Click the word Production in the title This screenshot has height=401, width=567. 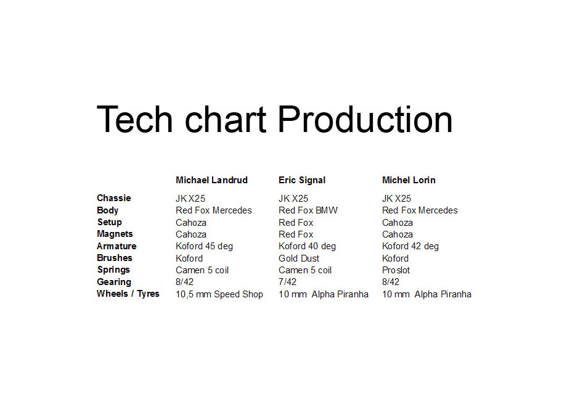coord(365,119)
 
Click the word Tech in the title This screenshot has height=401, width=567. coord(134,119)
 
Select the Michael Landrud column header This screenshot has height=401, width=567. coord(211,180)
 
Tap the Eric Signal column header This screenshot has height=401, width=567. coord(302,180)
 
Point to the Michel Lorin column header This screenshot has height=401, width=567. coord(409,180)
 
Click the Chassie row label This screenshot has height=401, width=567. coord(114,198)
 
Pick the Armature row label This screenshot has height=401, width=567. coord(116,246)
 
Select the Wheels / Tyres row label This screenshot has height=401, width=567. coord(128,294)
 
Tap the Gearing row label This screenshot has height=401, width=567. coord(114,282)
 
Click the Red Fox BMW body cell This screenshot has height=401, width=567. coord(308,210)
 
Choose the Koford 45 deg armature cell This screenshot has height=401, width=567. coord(205,247)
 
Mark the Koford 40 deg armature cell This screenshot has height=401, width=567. coord(307,247)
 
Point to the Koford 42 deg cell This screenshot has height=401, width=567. coord(410,247)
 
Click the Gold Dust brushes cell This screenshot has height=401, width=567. coord(299,258)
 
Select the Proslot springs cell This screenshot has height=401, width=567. coord(396,270)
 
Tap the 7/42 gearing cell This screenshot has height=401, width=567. coord(287,282)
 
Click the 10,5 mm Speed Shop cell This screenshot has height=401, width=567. coord(219,294)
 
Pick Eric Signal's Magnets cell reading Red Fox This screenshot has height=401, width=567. coord(296,234)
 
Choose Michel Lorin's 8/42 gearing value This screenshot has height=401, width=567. coord(391,282)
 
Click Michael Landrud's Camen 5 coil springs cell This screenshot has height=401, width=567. coord(202,270)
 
